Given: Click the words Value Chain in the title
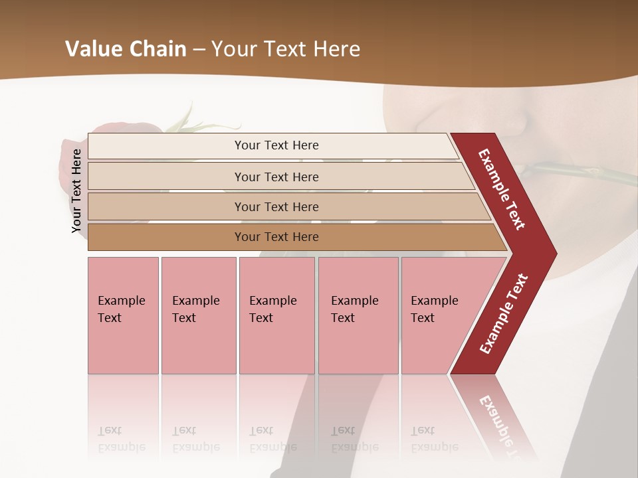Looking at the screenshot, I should (x=126, y=49).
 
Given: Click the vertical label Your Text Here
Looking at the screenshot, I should (x=77, y=191).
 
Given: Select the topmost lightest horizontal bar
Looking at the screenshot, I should (x=276, y=145).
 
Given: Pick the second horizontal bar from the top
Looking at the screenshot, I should (x=276, y=177).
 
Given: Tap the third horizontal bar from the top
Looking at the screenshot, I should (x=276, y=206).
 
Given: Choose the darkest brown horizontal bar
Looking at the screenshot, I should (x=276, y=237).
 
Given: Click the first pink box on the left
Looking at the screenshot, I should (x=123, y=315).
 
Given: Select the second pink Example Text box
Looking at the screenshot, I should (x=198, y=315).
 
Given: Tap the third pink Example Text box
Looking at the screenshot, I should (x=276, y=315).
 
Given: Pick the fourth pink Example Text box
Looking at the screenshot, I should (x=358, y=315).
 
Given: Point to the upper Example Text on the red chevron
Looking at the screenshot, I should (x=502, y=190).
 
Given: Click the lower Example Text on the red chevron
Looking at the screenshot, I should (x=504, y=313).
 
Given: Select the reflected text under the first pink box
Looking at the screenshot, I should (x=122, y=439).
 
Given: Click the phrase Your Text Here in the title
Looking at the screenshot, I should (x=286, y=49).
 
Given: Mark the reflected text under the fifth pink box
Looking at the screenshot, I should (x=434, y=439).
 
